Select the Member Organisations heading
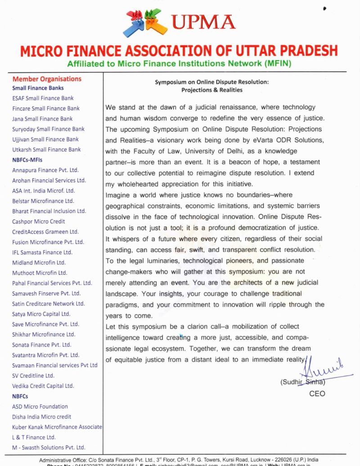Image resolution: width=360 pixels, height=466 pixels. tap(47, 79)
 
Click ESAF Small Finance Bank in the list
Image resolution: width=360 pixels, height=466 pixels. tap(43, 98)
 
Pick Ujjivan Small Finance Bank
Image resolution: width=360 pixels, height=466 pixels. tap(45, 139)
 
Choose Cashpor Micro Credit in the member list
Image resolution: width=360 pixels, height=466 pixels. tap(39, 222)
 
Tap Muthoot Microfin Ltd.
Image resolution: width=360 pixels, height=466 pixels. tap(40, 273)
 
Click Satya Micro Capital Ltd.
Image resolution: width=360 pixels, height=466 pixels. tap(41, 314)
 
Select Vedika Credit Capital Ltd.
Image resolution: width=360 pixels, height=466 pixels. tap(43, 386)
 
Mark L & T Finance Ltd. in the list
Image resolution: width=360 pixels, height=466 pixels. tap(34, 437)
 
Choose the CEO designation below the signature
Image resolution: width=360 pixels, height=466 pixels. tap(317, 394)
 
